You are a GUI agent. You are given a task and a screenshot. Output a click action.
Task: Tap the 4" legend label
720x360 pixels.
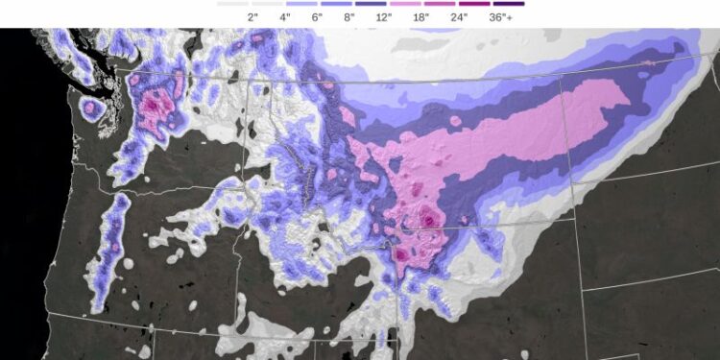[x=284, y=17]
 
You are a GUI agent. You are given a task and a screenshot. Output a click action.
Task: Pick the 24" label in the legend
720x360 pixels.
[x=459, y=17]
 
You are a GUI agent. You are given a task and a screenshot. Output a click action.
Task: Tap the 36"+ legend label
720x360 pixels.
[x=500, y=17]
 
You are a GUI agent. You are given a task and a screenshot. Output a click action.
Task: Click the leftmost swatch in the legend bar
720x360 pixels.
[x=231, y=4]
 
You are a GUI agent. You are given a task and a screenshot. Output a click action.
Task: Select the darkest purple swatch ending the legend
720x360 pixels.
[x=509, y=4]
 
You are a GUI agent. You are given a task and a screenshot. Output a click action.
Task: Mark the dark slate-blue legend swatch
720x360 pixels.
[x=371, y=4]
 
